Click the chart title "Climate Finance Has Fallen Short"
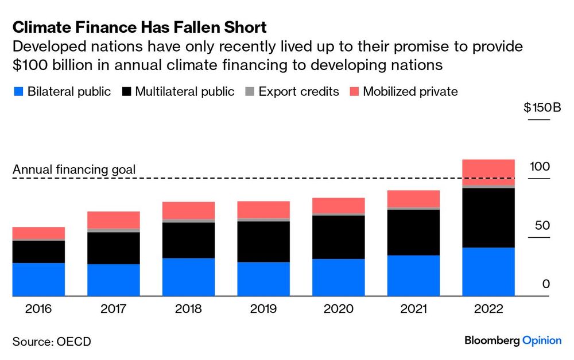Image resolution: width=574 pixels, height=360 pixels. pyautogui.click(x=139, y=27)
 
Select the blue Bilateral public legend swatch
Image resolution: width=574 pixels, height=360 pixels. pyautogui.click(x=17, y=91)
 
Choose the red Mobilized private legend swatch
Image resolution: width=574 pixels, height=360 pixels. pyautogui.click(x=354, y=91)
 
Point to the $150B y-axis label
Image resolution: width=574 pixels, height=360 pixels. pyautogui.click(x=542, y=107)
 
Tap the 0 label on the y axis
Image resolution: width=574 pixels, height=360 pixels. pyautogui.click(x=546, y=284)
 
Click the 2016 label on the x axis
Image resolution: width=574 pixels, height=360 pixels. pyautogui.click(x=38, y=309)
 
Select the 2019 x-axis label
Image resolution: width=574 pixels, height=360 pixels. pyautogui.click(x=263, y=309)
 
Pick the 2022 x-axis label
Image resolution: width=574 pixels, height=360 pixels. pyautogui.click(x=488, y=309)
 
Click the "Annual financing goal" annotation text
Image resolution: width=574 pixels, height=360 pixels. pyautogui.click(x=74, y=169)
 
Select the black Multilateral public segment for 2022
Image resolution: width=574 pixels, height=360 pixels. pyautogui.click(x=488, y=218)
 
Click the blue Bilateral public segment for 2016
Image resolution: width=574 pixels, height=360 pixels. pyautogui.click(x=38, y=280)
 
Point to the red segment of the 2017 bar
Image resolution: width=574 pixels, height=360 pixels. pyautogui.click(x=114, y=220)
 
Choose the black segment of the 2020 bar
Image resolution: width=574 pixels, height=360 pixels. pyautogui.click(x=339, y=237)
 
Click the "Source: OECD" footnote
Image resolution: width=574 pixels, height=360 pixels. pyautogui.click(x=52, y=342)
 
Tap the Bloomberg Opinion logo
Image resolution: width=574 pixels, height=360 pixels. pyautogui.click(x=513, y=340)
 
